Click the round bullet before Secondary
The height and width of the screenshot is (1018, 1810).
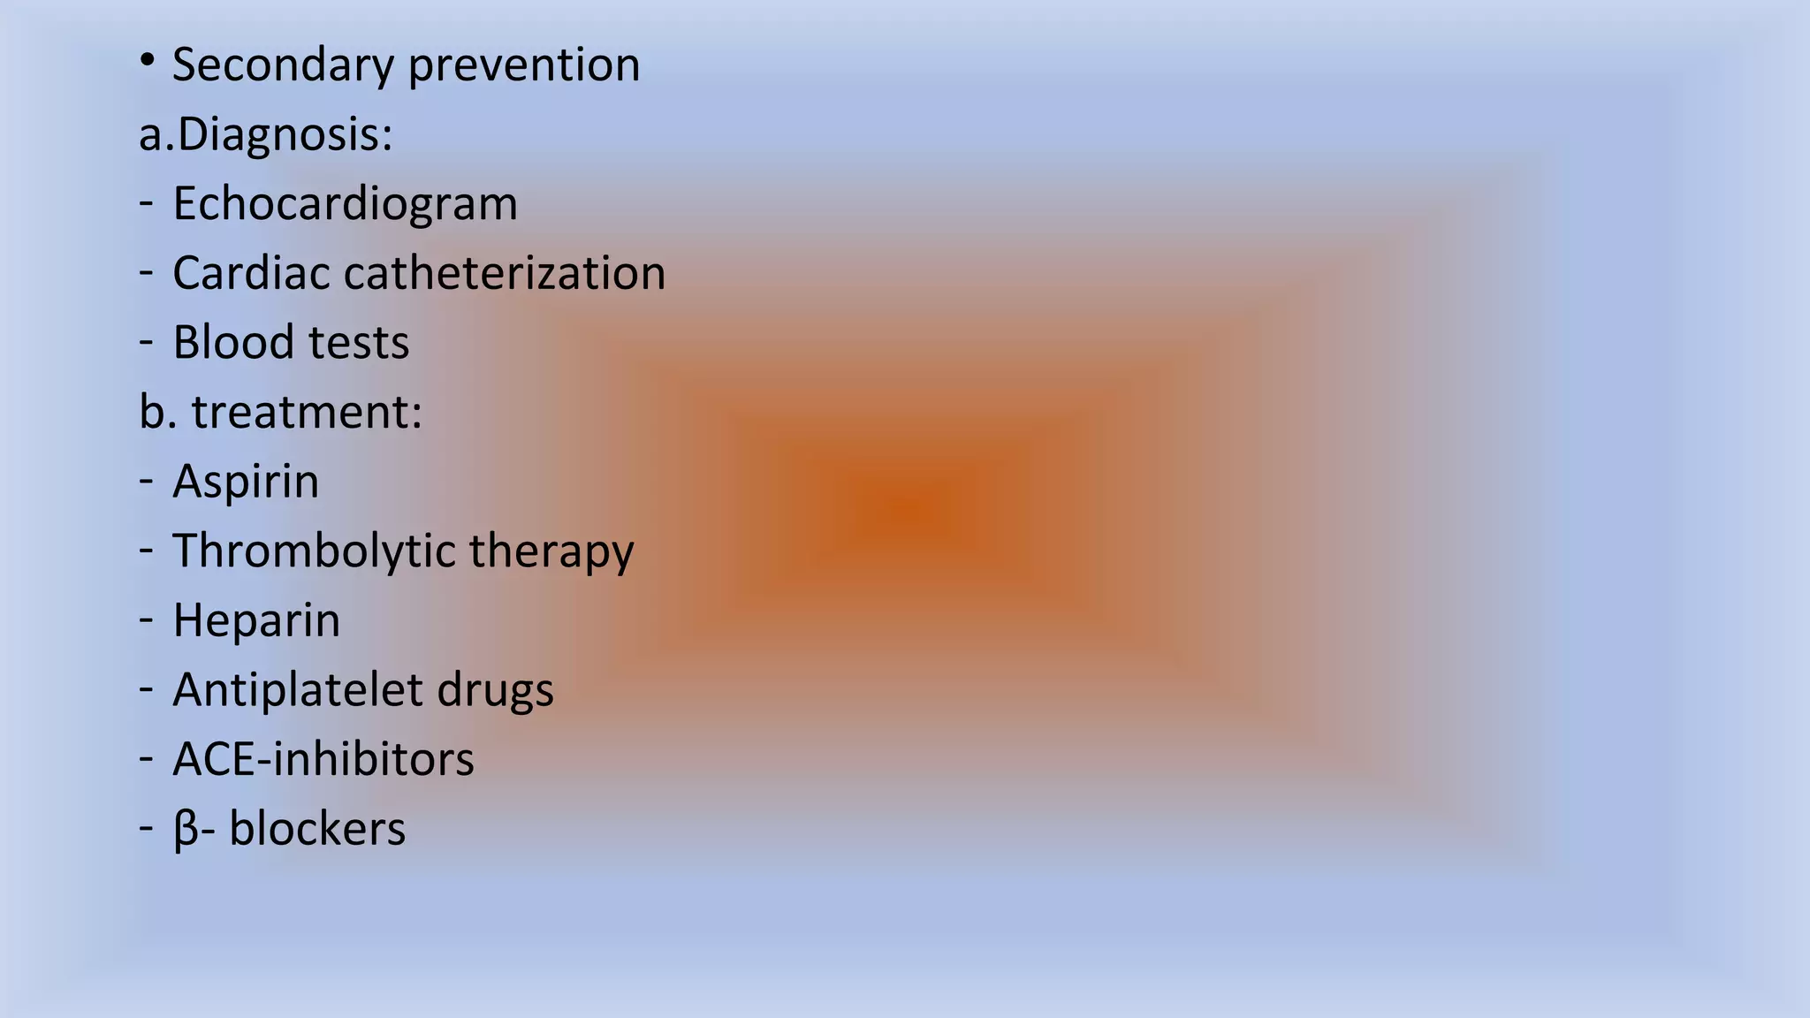coord(148,60)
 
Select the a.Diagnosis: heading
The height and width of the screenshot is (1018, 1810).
coord(265,135)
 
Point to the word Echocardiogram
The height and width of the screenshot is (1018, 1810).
coord(345,204)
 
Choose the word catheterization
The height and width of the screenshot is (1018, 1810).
coord(505,273)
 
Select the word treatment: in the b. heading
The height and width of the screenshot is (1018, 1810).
coord(307,412)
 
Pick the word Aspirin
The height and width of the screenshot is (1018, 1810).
coord(246,482)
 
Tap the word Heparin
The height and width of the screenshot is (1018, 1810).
coord(256,620)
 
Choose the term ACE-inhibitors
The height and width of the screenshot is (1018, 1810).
coord(323,759)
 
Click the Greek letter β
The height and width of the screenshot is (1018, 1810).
coord(186,830)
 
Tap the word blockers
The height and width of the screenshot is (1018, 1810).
coord(317,829)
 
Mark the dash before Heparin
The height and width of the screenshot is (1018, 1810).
coord(147,620)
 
